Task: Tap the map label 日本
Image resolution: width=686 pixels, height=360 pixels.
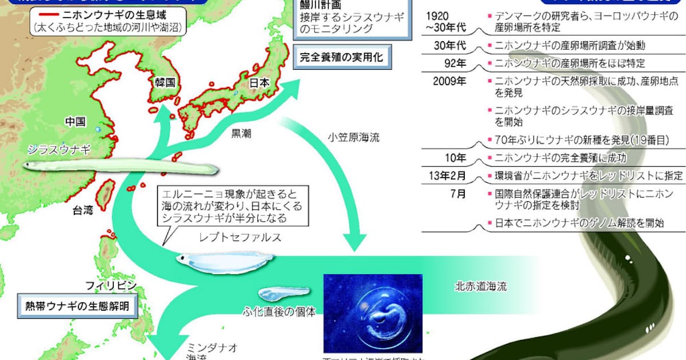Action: click(259, 83)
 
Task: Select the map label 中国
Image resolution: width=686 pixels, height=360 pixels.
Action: click(75, 121)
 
